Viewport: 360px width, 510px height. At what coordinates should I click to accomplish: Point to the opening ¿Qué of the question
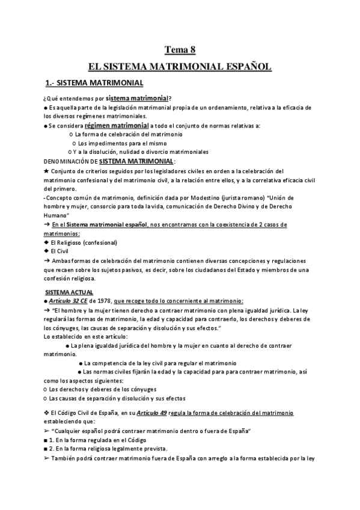tap(52, 99)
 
